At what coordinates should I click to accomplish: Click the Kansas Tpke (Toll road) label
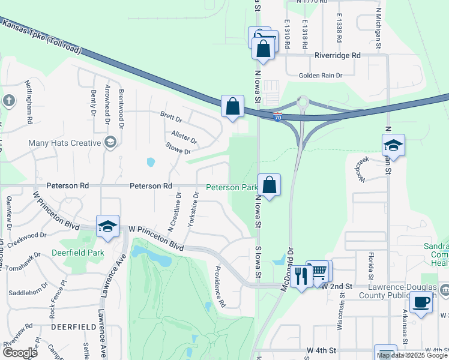pos(41,37)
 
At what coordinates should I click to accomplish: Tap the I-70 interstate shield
pos(277,114)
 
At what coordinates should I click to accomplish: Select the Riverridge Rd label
pos(337,55)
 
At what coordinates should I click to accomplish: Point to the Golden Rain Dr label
pos(321,76)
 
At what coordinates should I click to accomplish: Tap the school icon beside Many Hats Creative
pos(110,142)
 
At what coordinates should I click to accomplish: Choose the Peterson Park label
pos(232,187)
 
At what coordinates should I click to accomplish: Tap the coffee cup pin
pos(423,301)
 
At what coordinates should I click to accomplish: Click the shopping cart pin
pos(320,271)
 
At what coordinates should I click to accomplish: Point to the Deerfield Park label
pos(78,253)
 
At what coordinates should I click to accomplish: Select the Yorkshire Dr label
pos(191,211)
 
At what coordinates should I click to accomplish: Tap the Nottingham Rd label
pos(28,103)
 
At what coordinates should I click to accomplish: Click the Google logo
pos(20,353)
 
